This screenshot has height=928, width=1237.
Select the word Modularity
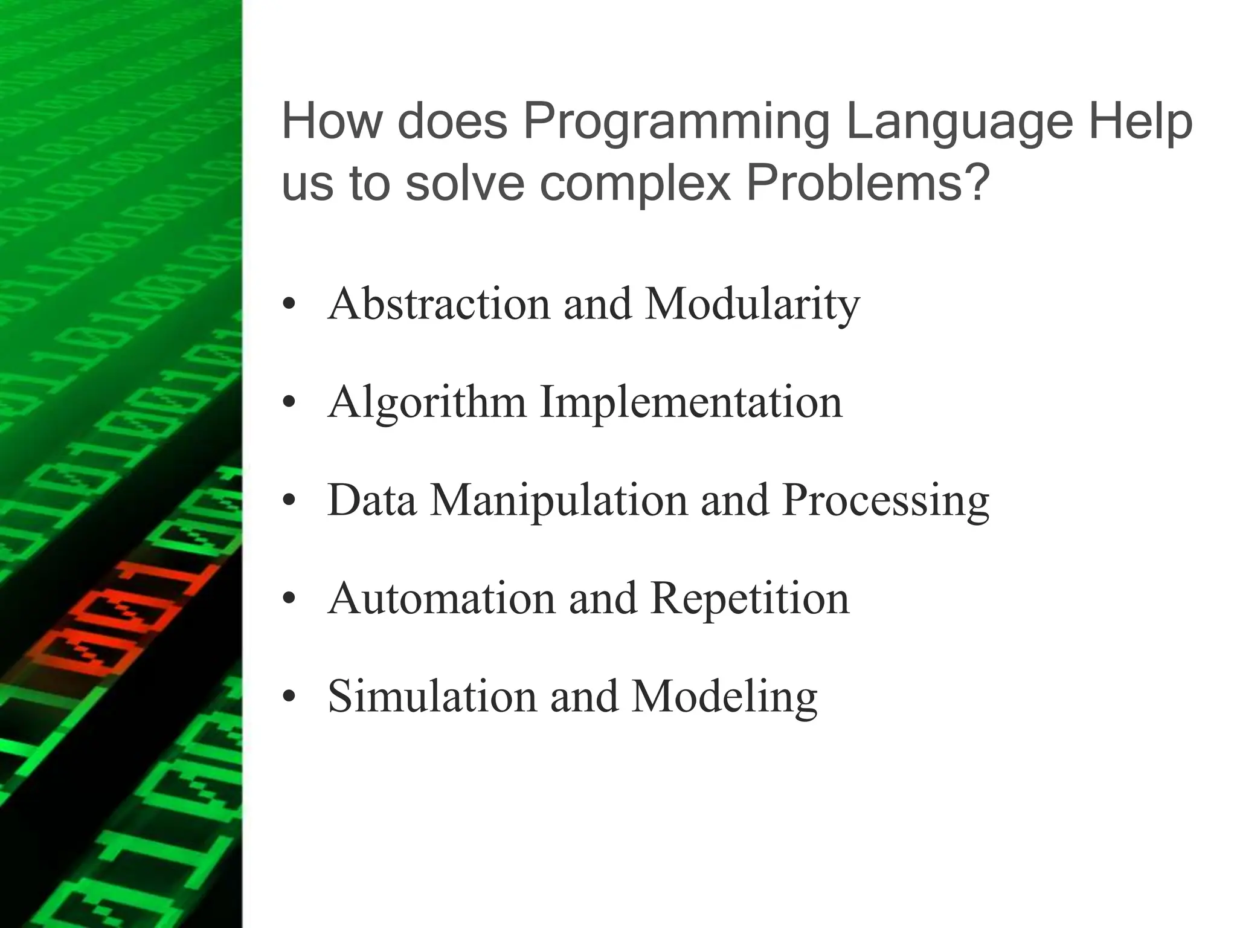click(753, 304)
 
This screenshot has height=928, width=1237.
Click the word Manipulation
click(559, 500)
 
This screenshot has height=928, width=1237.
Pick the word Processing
click(885, 500)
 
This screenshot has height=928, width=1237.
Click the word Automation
click(442, 599)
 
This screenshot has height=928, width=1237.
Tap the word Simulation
click(432, 697)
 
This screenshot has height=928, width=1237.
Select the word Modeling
click(725, 697)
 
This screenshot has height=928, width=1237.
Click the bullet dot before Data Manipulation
click(289, 501)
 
